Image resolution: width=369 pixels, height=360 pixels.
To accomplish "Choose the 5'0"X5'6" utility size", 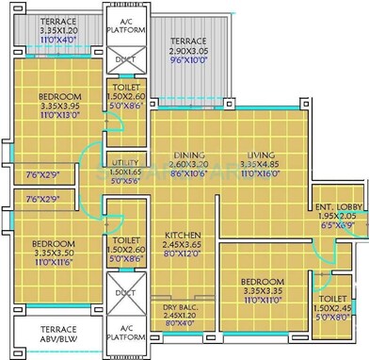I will [x=124, y=180].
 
